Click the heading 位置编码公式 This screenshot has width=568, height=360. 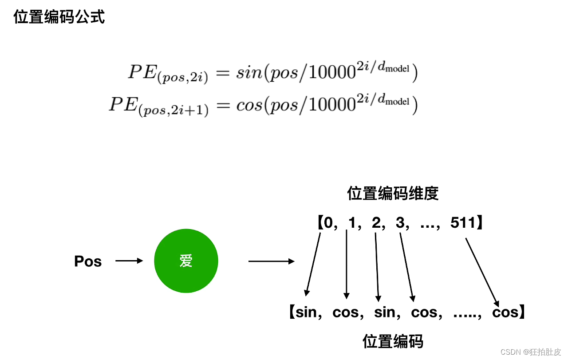(x=59, y=17)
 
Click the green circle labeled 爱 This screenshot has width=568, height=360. (x=186, y=261)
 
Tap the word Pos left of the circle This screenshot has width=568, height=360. (x=88, y=261)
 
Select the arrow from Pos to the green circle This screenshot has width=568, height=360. (x=129, y=261)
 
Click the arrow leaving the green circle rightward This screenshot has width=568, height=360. (x=271, y=261)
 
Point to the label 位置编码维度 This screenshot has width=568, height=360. (x=393, y=194)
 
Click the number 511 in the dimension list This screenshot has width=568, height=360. (x=463, y=222)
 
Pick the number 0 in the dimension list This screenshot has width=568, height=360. (x=328, y=222)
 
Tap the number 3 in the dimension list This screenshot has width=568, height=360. (x=400, y=222)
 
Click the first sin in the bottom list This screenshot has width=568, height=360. (x=306, y=313)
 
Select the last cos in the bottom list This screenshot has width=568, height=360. (x=505, y=313)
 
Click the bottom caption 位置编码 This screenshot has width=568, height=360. (x=393, y=341)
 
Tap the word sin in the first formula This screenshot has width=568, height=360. (x=249, y=73)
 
